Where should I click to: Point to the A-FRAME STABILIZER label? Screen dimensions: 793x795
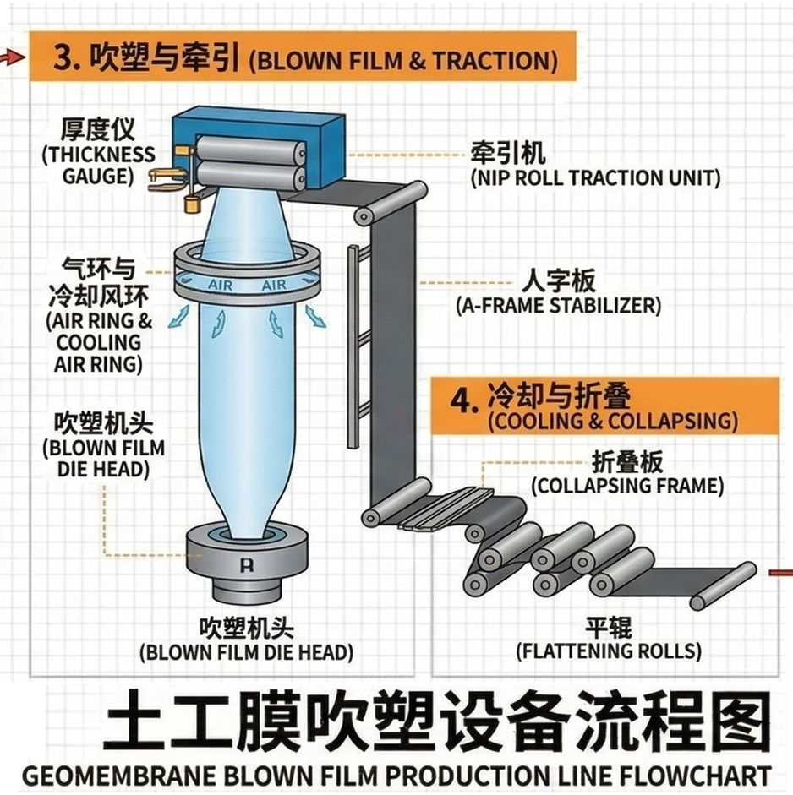pyautogui.click(x=558, y=306)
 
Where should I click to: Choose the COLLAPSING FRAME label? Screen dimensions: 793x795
pyautogui.click(x=627, y=486)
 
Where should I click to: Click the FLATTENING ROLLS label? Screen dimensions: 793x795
pyautogui.click(x=609, y=651)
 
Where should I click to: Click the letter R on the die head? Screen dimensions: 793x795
pyautogui.click(x=247, y=565)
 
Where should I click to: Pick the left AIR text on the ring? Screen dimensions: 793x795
pyautogui.click(x=220, y=286)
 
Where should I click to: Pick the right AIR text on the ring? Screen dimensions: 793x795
pyautogui.click(x=274, y=286)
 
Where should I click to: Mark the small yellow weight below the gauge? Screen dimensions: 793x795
pyautogui.click(x=192, y=204)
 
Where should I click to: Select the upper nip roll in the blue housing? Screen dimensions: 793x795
pyautogui.click(x=251, y=150)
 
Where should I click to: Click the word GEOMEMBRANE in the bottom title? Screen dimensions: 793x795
pyautogui.click(x=119, y=776)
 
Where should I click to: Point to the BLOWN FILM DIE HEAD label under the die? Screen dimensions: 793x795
pyautogui.click(x=247, y=652)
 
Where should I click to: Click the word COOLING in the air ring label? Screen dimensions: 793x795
pyautogui.click(x=98, y=342)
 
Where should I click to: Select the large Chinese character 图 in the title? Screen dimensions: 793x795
pyautogui.click(x=736, y=720)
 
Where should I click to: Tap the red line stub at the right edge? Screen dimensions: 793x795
pyautogui.click(x=781, y=573)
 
